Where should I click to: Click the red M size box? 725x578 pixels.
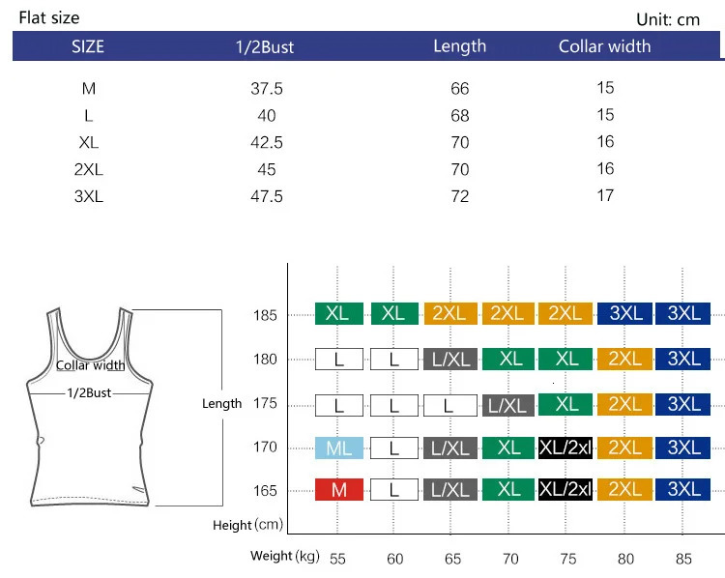[339, 490]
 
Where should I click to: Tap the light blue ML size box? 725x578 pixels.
[339, 448]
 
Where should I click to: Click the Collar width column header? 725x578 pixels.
[604, 46]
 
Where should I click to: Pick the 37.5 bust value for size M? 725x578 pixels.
[266, 88]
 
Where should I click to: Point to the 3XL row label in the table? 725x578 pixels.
[89, 196]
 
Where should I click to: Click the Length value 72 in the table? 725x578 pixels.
[459, 196]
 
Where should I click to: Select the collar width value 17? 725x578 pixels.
[605, 195]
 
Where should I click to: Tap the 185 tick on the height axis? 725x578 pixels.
[266, 315]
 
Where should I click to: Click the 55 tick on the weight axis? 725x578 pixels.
[337, 558]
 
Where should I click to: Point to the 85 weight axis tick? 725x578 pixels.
[683, 558]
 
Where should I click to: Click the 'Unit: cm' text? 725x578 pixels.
[668, 19]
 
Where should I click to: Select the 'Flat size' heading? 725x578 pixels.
[49, 17]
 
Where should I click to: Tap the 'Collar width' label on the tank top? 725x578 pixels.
[91, 365]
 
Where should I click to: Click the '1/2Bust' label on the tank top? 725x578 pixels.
[90, 393]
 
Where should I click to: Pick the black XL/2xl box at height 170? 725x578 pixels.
[565, 448]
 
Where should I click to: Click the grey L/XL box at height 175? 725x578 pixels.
[509, 404]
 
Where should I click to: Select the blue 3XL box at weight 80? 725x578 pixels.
[625, 313]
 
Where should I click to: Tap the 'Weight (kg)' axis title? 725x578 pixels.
[284, 556]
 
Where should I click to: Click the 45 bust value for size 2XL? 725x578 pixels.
[266, 169]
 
